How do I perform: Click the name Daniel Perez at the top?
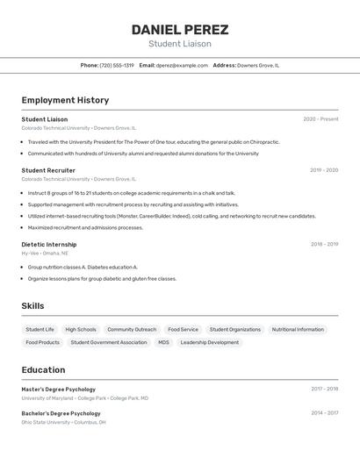pyautogui.click(x=179, y=29)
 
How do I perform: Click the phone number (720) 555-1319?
pyautogui.click(x=117, y=65)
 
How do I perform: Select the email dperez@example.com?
pyautogui.click(x=183, y=65)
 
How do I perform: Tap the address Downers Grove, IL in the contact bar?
pyautogui.click(x=258, y=65)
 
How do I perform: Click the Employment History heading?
pyautogui.click(x=65, y=100)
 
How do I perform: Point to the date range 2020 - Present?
pyautogui.click(x=320, y=119)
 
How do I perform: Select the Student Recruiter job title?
pyautogui.click(x=48, y=170)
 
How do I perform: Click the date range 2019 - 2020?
pyautogui.click(x=324, y=170)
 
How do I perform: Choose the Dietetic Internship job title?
pyautogui.click(x=49, y=245)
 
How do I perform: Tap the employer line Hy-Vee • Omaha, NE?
pyautogui.click(x=45, y=253)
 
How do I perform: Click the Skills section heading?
pyautogui.click(x=32, y=306)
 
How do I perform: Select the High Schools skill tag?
pyautogui.click(x=81, y=330)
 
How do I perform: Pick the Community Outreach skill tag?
pyautogui.click(x=132, y=330)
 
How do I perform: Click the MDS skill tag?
pyautogui.click(x=163, y=342)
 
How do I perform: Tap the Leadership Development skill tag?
pyautogui.click(x=210, y=342)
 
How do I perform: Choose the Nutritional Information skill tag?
pyautogui.click(x=298, y=330)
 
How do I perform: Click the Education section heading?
pyautogui.click(x=43, y=370)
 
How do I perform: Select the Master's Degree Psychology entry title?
pyautogui.click(x=59, y=390)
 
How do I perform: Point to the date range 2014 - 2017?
pyautogui.click(x=324, y=413)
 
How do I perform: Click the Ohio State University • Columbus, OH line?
pyautogui.click(x=64, y=422)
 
